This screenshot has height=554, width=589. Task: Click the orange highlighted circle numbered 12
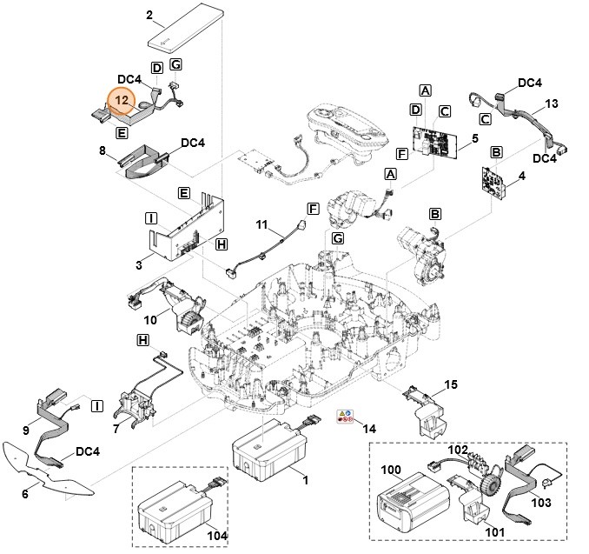[121, 102]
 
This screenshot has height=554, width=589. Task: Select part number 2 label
[149, 15]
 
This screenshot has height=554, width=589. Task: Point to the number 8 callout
[102, 151]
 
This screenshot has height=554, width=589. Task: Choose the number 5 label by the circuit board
[475, 138]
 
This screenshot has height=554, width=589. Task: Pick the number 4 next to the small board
[521, 176]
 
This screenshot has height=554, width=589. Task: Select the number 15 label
[451, 384]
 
